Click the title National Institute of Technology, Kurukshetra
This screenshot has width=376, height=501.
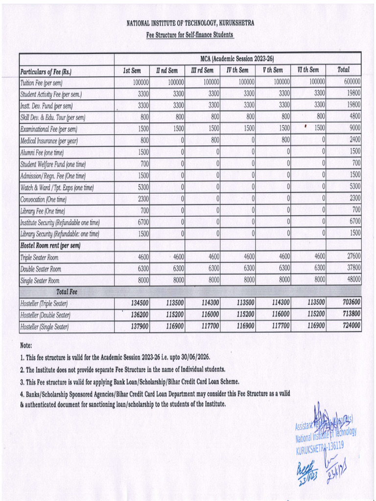point(190,23)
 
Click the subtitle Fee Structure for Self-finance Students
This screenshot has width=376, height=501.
point(190,35)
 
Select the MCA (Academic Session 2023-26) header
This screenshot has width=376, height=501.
point(237,58)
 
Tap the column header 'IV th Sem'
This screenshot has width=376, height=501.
point(237,70)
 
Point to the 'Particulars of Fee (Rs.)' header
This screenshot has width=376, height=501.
point(46,72)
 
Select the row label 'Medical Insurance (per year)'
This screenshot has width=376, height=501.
point(49,141)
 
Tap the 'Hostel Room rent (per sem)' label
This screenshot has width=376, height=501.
point(50,245)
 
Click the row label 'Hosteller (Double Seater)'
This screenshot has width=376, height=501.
point(45,315)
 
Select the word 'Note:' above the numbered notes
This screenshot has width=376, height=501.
point(26,345)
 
